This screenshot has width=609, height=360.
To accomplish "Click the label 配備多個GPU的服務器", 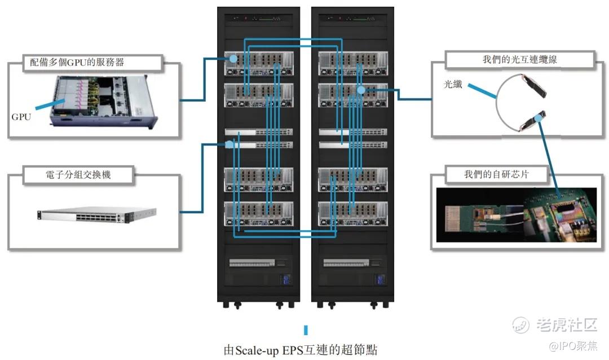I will click(94, 62).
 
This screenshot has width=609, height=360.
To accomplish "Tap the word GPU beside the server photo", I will click(21, 117).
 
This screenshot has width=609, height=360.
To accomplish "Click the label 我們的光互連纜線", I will click(519, 59).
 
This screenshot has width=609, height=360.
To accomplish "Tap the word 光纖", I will click(451, 84).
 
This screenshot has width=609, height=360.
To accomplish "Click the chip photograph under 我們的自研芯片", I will click(516, 215).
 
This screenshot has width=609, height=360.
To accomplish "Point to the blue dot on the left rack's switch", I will click(230, 144).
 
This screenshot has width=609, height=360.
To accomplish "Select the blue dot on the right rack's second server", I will click(361, 90).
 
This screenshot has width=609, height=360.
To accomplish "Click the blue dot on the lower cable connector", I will click(540, 118).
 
